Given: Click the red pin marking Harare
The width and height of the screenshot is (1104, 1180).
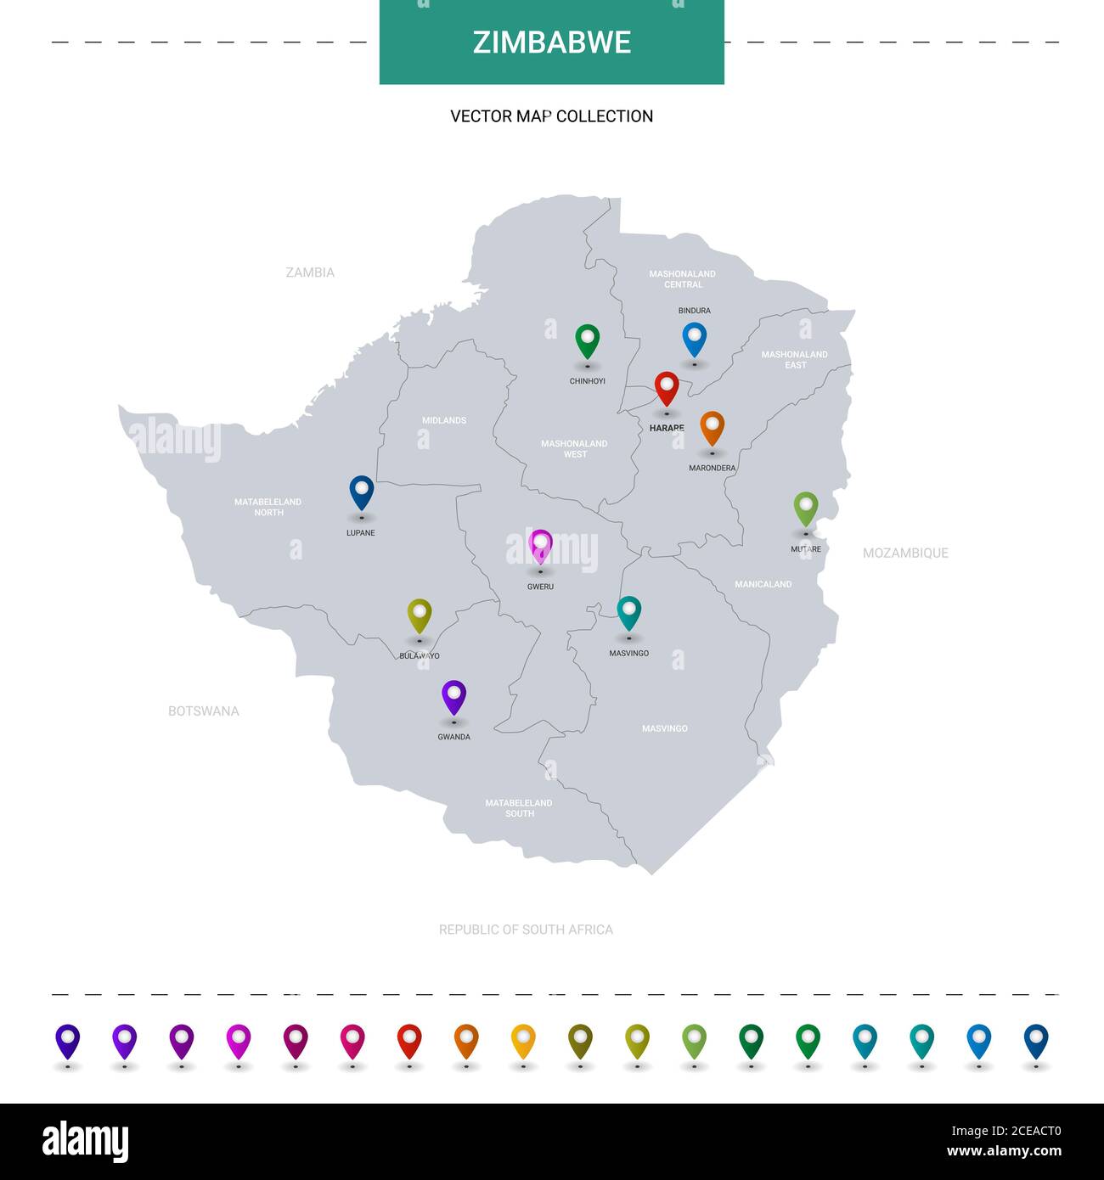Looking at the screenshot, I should pos(667,389).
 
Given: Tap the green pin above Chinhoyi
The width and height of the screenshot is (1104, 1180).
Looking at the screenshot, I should pos(587,340).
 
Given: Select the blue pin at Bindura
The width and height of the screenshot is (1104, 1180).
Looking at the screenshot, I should pos(695,339).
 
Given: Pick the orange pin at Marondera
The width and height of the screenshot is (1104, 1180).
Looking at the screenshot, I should pos(712,428).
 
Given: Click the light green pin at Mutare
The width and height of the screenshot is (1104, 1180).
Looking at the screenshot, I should pos(806,509).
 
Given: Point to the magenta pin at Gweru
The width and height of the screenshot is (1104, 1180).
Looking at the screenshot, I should pos(540,546).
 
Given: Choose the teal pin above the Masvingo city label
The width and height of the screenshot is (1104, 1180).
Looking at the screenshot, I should pos(628,612).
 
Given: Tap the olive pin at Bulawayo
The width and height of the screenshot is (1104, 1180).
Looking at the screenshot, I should pos(420,615).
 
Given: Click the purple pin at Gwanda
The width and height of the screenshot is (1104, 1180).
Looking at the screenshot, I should pos(454,696).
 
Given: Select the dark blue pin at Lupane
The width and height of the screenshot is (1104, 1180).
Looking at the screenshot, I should pos(362,492).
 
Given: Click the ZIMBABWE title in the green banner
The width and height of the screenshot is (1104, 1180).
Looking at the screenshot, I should pos(551,42).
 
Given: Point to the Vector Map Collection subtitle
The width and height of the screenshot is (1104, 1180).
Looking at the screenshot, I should pos(551,116).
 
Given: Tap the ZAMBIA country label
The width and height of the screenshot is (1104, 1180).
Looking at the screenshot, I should pos(310,273).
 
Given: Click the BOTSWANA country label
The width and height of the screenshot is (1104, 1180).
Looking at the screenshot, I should pos(204,711).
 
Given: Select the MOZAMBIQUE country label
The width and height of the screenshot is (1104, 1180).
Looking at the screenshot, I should pos(905,553).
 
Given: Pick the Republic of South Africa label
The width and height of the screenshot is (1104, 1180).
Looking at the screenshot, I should pos(526,930).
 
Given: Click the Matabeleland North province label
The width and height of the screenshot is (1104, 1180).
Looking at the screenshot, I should pos(268,507).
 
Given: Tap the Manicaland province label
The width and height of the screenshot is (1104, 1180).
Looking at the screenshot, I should pos(763,584).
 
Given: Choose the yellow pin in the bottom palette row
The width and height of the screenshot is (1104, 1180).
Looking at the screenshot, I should pos(523,1041).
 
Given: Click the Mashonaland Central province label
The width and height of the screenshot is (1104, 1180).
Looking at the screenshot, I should pos(683,279).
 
